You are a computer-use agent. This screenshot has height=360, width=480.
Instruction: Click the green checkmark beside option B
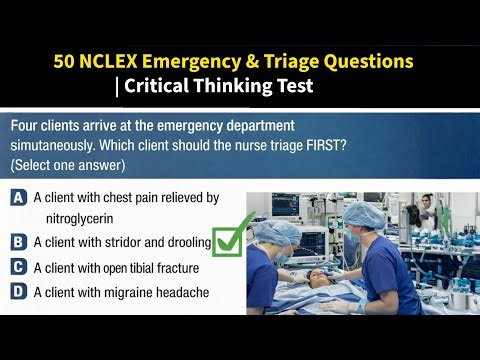232,236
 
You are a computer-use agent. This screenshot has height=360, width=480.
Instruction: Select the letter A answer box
18,198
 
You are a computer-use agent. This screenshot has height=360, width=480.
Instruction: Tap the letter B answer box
18,242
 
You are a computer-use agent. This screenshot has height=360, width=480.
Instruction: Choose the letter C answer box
18,267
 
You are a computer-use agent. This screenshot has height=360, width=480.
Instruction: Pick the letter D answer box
18,292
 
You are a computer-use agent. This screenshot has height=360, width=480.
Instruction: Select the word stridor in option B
125,242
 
